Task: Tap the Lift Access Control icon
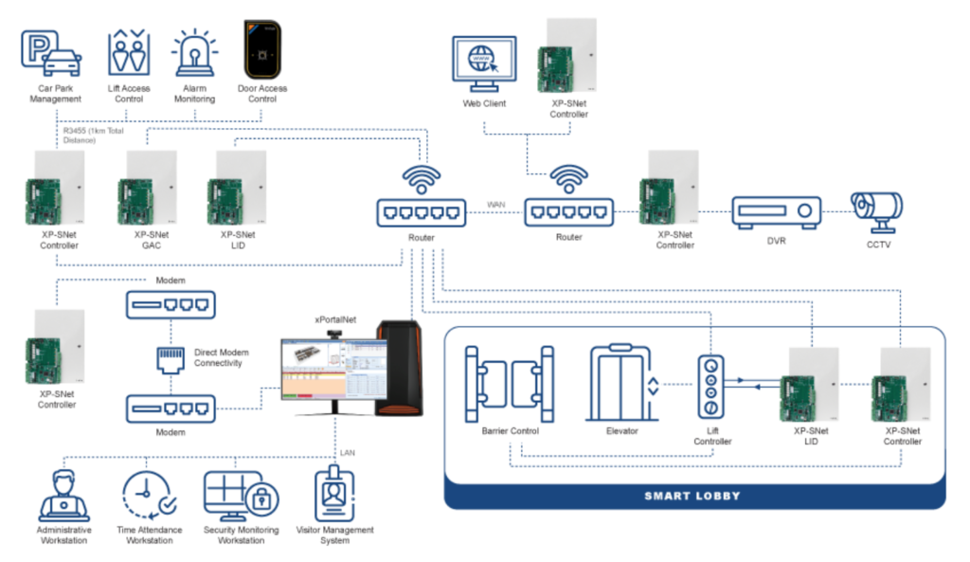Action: [129, 52]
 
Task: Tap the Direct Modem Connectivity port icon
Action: [171, 357]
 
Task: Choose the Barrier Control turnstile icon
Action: [508, 383]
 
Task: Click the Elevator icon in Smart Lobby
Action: [622, 382]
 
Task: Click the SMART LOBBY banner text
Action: [693, 496]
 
